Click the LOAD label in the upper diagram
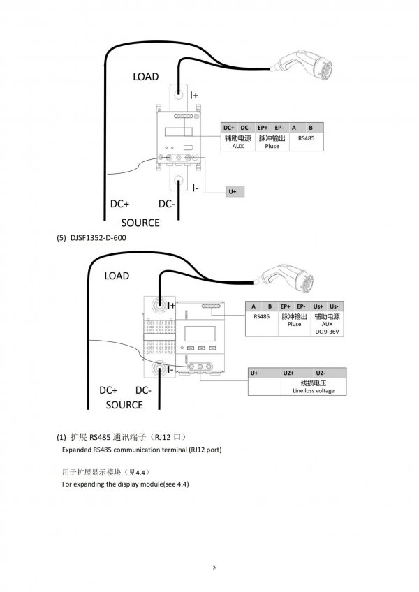point(145,77)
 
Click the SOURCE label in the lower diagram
point(124,405)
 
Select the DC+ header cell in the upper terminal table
point(229,128)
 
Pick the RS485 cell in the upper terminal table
point(306,138)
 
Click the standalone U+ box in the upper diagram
point(235,191)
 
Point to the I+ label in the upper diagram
point(194,96)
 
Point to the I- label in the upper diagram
point(196,188)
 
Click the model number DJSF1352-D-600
point(98,238)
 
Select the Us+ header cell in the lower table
point(318,306)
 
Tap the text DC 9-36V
point(328,332)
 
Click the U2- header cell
point(321,373)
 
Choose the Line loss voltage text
point(314,391)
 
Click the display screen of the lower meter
point(200,334)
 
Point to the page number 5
point(214,567)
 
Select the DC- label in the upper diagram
point(167,204)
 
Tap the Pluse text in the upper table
point(272,146)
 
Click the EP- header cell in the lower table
point(301,306)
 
